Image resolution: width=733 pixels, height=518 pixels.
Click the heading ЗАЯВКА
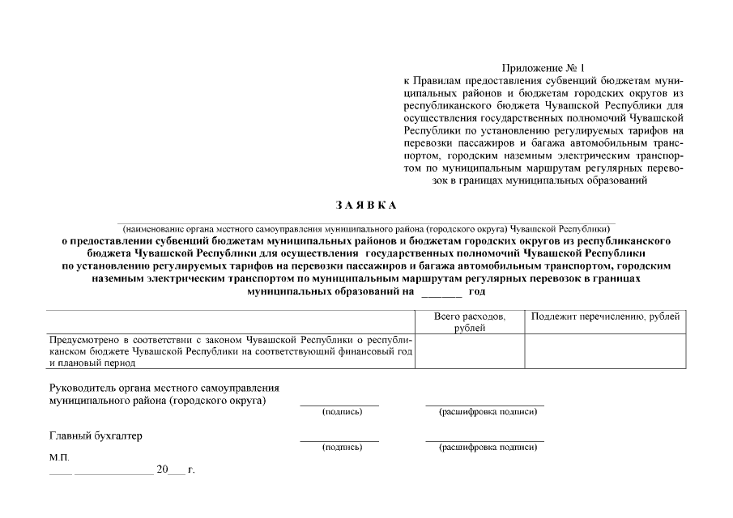click(x=365, y=204)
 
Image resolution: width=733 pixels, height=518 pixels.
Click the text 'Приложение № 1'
click(x=542, y=70)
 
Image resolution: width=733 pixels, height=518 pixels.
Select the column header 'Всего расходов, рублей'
click(x=470, y=321)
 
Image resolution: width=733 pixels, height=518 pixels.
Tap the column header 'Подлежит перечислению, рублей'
click(x=604, y=316)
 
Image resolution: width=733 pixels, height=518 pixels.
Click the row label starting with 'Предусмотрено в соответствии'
click(x=231, y=351)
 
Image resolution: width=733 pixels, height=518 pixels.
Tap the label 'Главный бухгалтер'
click(x=96, y=436)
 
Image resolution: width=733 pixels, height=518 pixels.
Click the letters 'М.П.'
click(x=59, y=457)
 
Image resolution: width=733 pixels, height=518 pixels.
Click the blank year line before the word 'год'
click(x=441, y=292)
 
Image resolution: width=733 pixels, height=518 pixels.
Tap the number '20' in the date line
click(x=163, y=469)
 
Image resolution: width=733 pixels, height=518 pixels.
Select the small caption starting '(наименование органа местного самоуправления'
click(x=365, y=229)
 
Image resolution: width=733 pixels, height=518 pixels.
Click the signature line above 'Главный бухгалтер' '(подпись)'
click(x=339, y=440)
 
